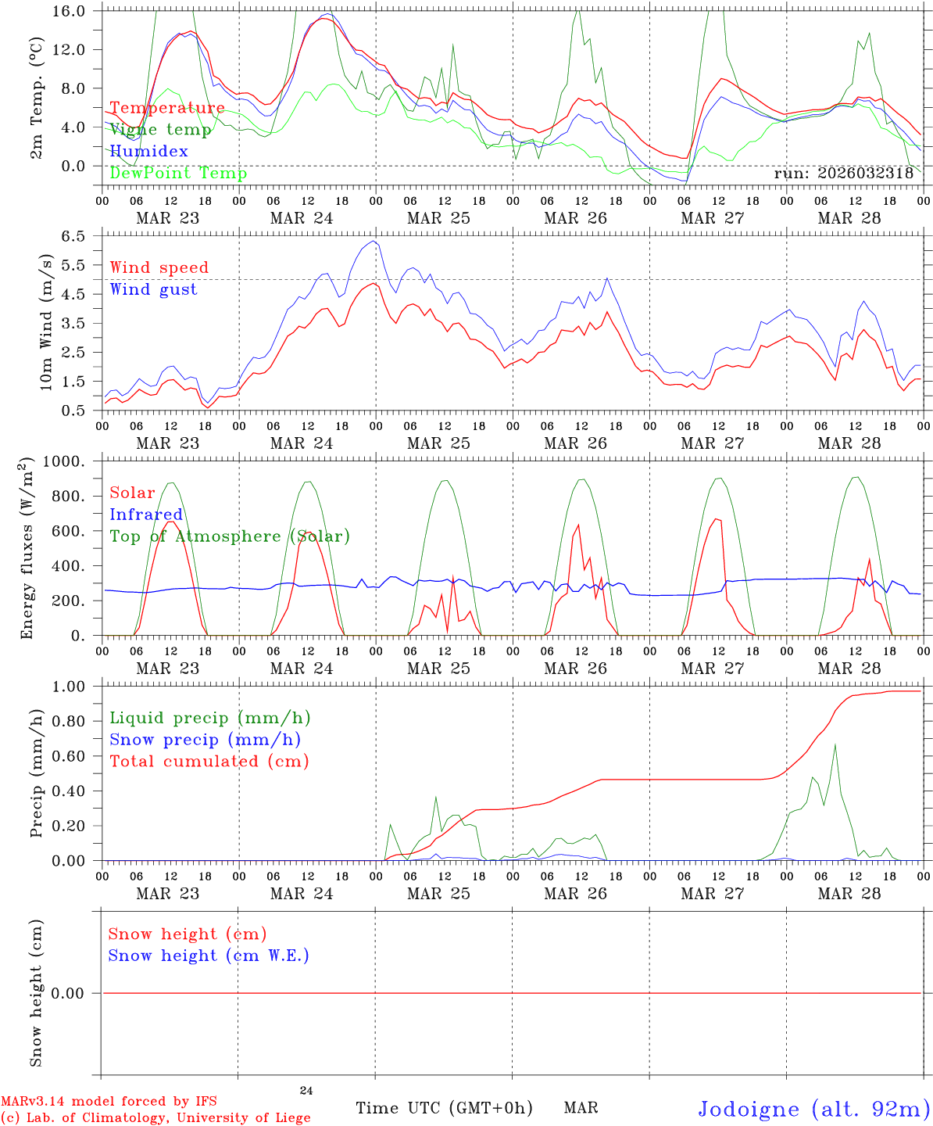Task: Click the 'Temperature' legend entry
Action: click(x=167, y=108)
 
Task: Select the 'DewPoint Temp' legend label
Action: click(x=178, y=174)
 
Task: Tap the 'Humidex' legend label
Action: click(x=148, y=152)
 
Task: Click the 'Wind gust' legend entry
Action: click(x=153, y=289)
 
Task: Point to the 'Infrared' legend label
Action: click(x=146, y=515)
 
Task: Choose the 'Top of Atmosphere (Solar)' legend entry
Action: click(x=230, y=536)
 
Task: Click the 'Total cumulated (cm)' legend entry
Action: click(x=209, y=762)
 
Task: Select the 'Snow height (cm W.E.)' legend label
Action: click(x=209, y=956)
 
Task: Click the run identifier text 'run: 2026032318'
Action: click(x=843, y=174)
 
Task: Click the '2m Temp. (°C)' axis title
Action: click(x=37, y=98)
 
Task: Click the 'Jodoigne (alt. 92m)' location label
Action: click(x=813, y=1109)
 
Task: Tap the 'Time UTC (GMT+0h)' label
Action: click(x=445, y=1108)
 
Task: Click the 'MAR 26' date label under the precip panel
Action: click(x=575, y=893)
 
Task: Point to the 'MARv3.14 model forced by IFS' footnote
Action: click(x=109, y=1102)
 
